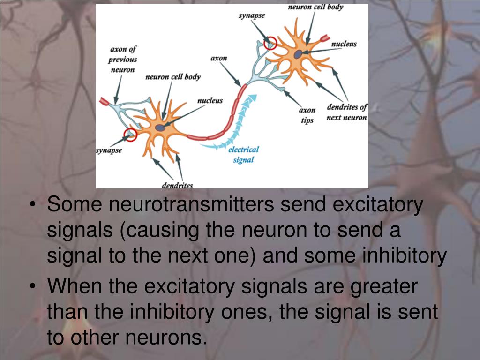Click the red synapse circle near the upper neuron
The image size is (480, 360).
point(270,43)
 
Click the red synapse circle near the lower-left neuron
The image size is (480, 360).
point(130,135)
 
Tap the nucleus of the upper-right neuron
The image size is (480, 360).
point(298,54)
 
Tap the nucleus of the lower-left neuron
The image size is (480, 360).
point(160,127)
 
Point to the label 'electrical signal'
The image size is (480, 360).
point(243,155)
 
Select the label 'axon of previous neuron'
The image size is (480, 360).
point(123,60)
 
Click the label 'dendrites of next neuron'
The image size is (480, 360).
point(347,112)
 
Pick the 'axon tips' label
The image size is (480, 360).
point(307,115)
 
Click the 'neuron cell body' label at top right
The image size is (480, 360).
point(315,7)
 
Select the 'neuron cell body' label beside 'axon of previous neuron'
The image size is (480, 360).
point(172,76)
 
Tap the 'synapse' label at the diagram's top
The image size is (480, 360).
point(252,15)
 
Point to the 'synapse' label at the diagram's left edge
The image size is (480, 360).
point(109,150)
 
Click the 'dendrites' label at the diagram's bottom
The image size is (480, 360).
point(177,185)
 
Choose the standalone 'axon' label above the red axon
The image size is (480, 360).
point(218,58)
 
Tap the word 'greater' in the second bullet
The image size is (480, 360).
point(383,286)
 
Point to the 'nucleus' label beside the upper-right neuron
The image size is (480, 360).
point(344,44)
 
